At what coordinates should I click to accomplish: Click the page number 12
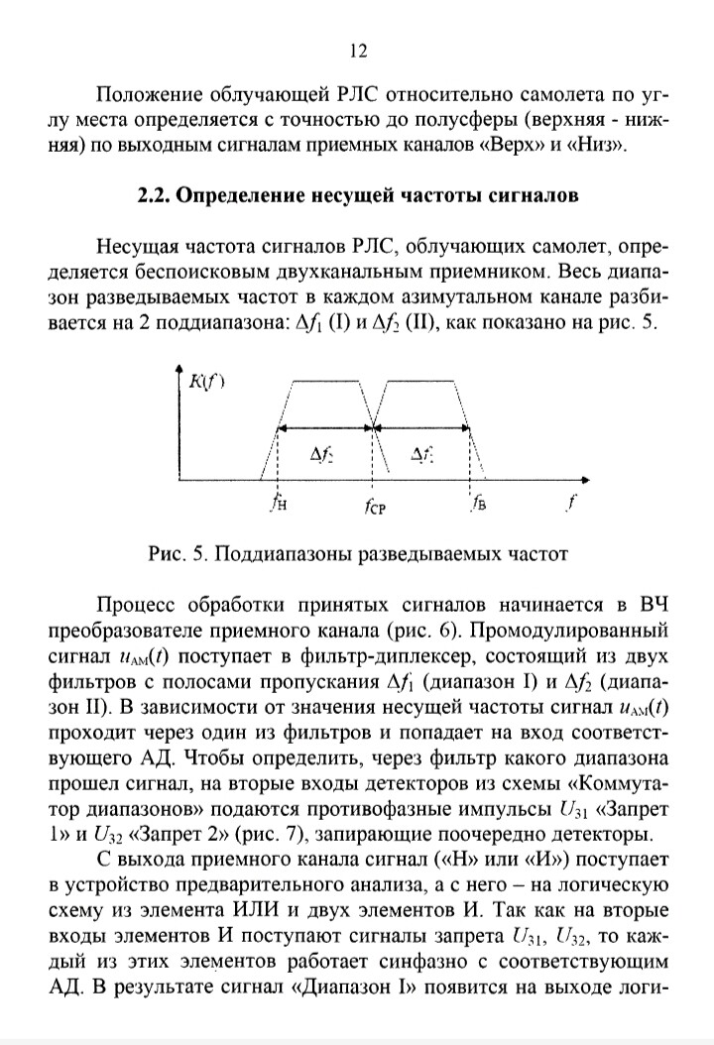pyautogui.click(x=359, y=53)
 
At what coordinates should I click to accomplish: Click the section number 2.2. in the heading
pyautogui.click(x=157, y=195)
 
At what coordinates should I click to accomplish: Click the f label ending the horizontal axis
pyautogui.click(x=570, y=504)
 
